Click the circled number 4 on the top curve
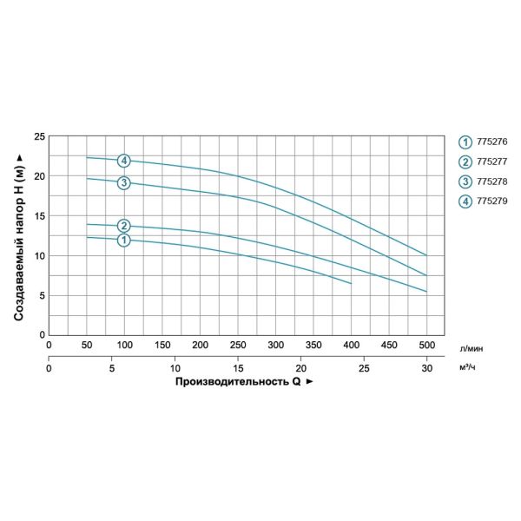point(124,161)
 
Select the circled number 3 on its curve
point(124,182)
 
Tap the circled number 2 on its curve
point(124,226)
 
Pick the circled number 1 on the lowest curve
point(124,240)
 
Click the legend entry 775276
point(486,142)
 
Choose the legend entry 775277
point(486,162)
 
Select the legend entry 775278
point(486,181)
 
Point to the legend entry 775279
point(486,201)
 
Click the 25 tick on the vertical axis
point(40,136)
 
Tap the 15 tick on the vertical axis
point(40,215)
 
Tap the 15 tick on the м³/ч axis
point(238,367)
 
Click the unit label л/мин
point(472,346)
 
